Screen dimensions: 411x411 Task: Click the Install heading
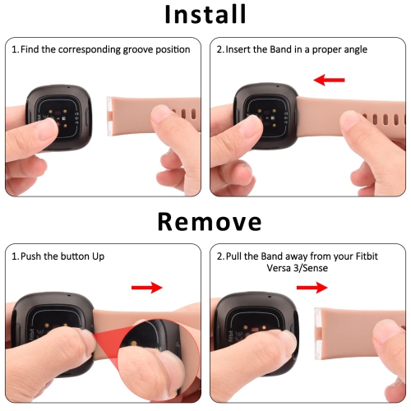pos(205,16)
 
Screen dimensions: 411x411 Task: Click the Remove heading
pos(205,222)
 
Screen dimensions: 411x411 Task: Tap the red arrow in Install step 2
pos(330,80)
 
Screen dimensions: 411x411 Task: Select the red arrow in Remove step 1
pos(147,287)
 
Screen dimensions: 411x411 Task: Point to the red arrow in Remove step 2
pos(312,287)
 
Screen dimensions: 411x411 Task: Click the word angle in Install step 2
pos(348,49)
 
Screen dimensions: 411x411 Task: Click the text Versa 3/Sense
pos(326,269)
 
